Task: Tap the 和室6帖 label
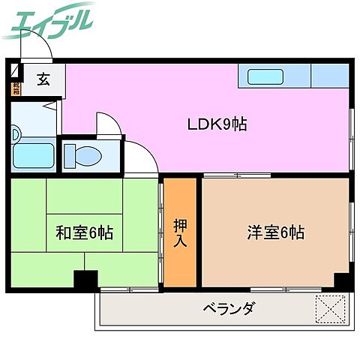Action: [x=84, y=233]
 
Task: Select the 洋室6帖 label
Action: [x=275, y=232]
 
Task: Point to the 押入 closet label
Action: [x=180, y=232]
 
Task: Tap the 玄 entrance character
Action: [x=43, y=78]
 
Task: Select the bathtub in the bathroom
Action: [x=33, y=157]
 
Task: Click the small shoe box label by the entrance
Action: [x=16, y=88]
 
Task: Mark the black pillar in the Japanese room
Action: [x=85, y=279]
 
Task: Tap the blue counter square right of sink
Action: [x=329, y=75]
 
